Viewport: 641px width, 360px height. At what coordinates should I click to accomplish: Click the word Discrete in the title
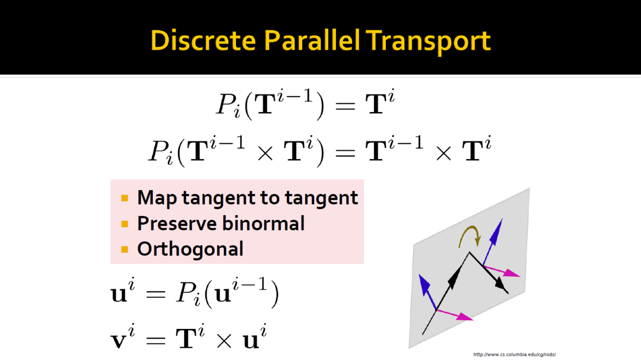(203, 41)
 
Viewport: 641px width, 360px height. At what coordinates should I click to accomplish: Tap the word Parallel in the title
(311, 41)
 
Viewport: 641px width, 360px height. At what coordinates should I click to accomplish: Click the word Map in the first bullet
(157, 198)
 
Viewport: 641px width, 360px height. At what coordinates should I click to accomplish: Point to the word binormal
(263, 223)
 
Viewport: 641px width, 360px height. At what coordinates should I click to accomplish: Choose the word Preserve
(177, 223)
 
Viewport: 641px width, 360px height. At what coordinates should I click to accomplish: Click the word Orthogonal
(190, 249)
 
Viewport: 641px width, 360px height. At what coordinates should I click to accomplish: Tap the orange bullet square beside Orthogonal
(125, 249)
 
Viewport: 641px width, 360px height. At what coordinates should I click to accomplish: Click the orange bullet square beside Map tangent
(125, 198)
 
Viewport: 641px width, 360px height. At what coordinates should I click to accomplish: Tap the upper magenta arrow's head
(511, 273)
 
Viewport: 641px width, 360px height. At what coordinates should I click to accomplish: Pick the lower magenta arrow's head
(465, 317)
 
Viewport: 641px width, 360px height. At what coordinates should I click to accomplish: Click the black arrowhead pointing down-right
(502, 284)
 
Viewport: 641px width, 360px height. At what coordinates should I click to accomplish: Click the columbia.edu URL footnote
(514, 354)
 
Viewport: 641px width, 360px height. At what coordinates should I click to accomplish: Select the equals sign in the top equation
(345, 106)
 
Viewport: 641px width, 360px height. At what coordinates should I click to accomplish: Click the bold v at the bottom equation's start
(119, 341)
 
